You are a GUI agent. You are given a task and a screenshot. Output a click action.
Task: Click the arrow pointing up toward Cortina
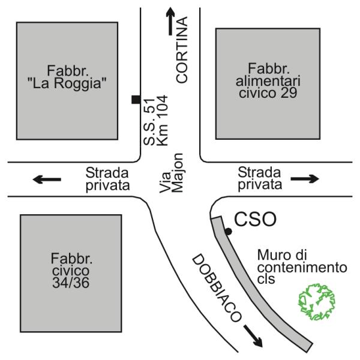[171, 22]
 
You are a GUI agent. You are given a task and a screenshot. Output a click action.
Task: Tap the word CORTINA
[182, 50]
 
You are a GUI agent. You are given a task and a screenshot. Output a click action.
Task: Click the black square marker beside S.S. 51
[136, 100]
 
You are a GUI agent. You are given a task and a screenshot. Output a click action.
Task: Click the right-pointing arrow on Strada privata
[304, 178]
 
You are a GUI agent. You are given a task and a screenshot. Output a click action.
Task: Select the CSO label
[254, 220]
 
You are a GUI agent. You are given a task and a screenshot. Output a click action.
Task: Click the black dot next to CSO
[228, 232]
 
